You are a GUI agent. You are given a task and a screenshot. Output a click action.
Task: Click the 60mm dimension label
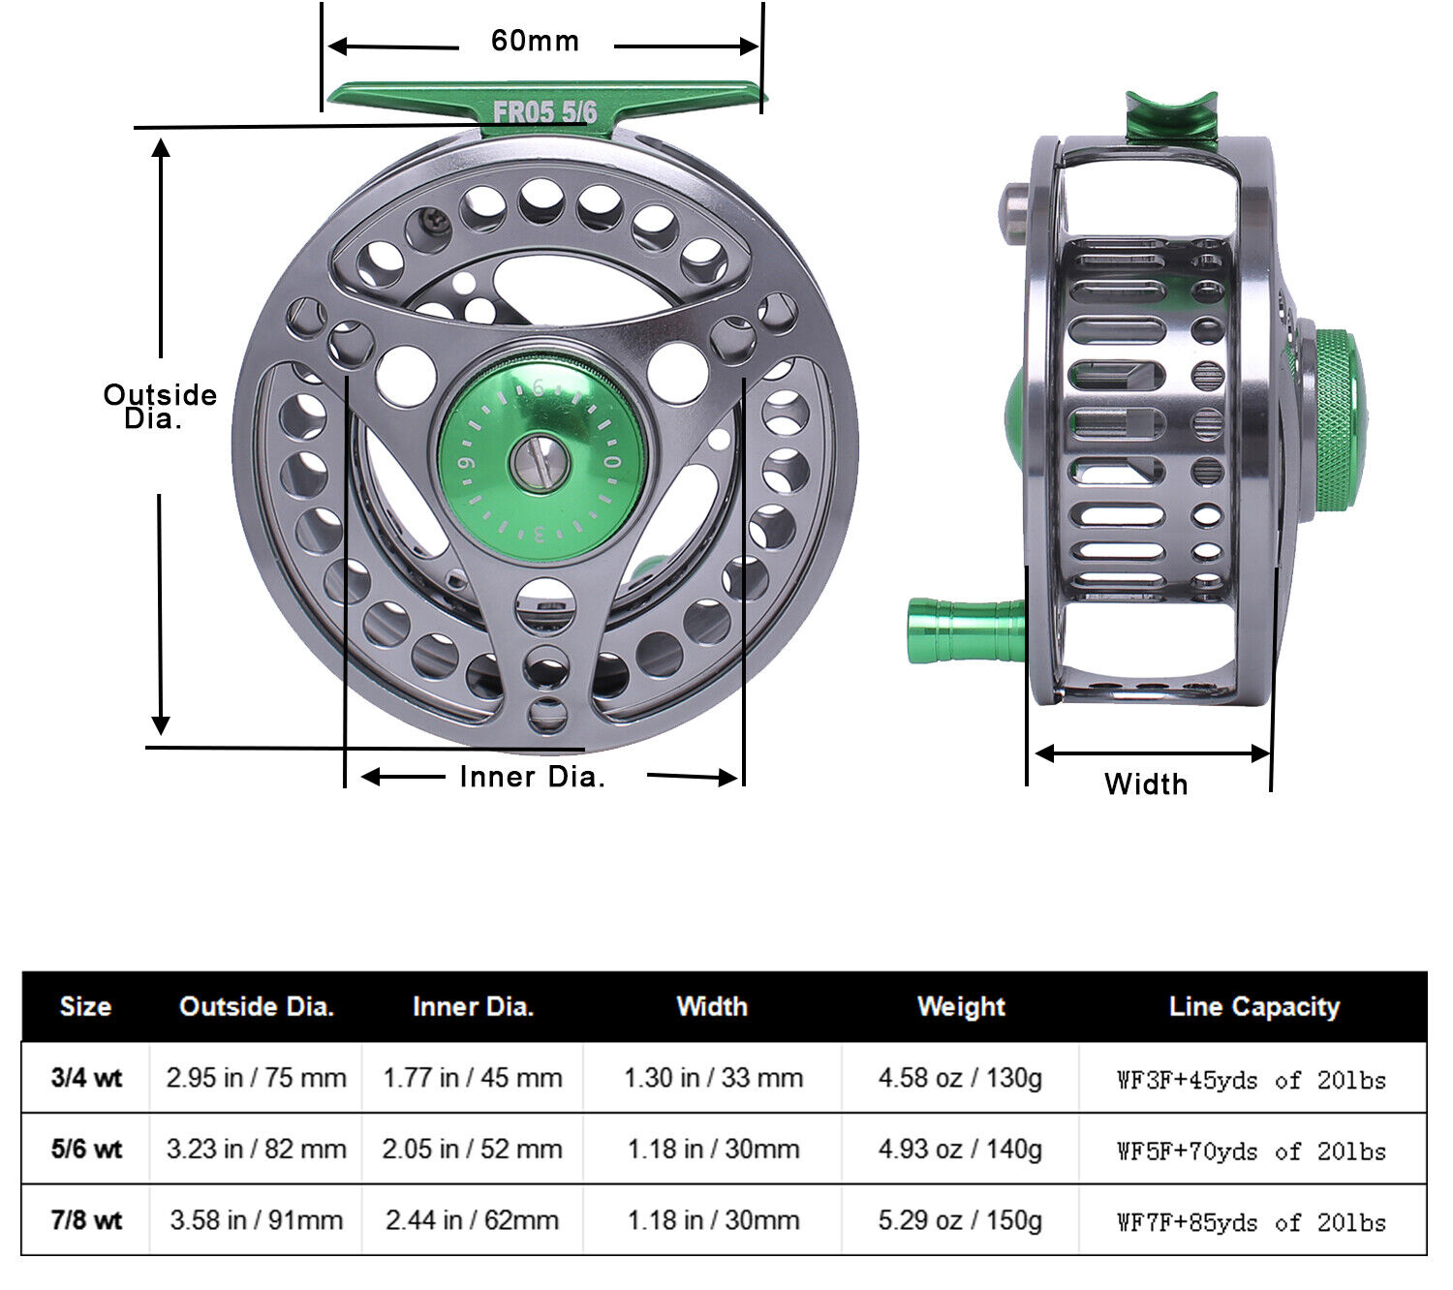[535, 41]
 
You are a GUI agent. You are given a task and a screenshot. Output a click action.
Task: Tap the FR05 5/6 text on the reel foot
[544, 111]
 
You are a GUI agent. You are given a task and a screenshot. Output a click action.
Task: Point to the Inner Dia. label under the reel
[532, 777]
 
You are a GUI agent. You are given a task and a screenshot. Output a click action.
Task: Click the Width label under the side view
[1146, 783]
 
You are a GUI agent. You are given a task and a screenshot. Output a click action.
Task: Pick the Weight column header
[961, 1007]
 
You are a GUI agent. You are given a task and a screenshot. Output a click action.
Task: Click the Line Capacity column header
[1253, 1007]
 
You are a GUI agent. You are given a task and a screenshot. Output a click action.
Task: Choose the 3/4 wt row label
[86, 1078]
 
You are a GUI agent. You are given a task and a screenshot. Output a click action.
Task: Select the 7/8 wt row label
[86, 1220]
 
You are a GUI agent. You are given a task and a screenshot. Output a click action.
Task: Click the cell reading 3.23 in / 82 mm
[256, 1150]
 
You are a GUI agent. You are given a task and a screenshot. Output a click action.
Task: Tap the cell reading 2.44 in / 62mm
[472, 1220]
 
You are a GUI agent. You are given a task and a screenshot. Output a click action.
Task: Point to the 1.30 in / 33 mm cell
[713, 1078]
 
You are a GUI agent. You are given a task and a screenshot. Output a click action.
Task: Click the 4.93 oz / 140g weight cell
[960, 1150]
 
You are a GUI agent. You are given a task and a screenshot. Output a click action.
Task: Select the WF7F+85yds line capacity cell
[1251, 1222]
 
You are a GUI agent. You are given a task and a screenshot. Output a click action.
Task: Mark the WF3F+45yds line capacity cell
[1251, 1080]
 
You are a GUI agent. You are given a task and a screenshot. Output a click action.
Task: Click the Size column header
[85, 1007]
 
